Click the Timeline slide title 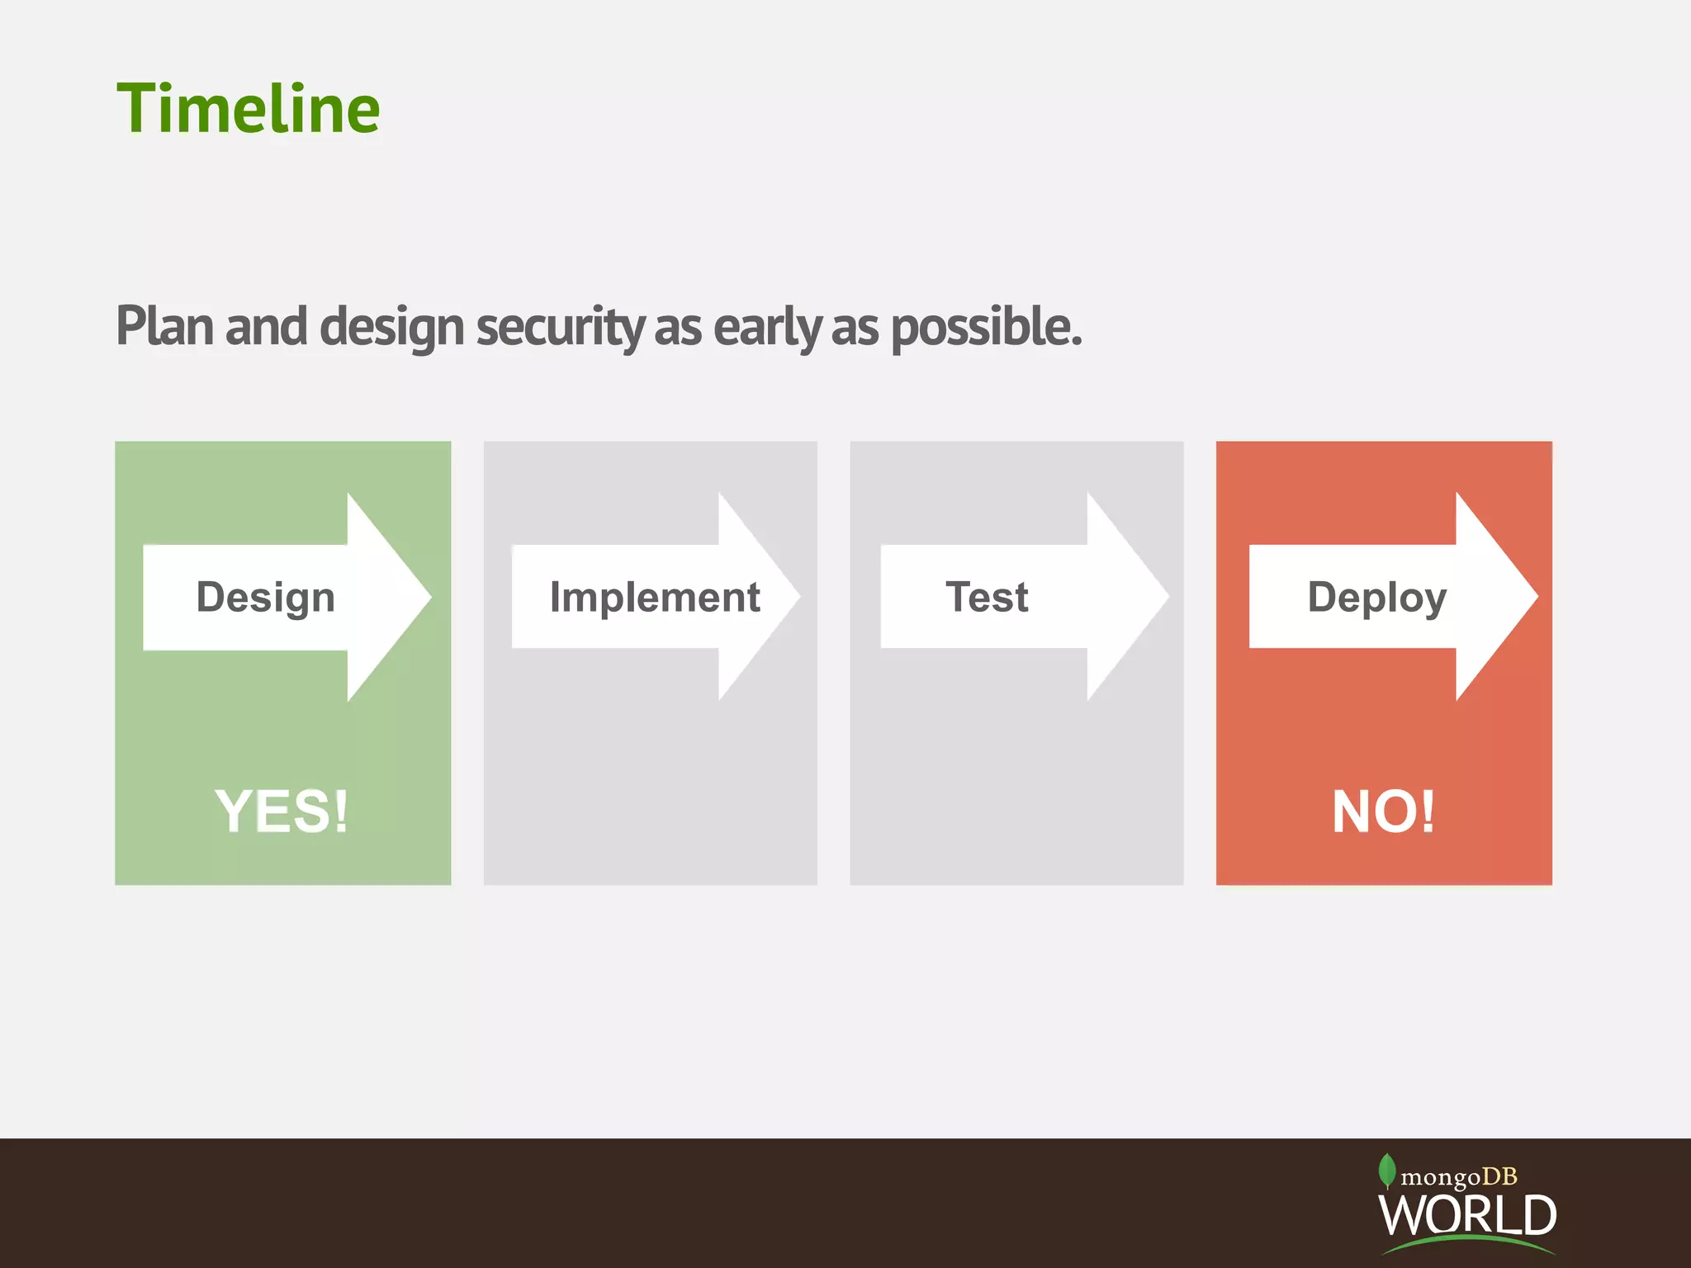[248, 109]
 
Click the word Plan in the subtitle [165, 326]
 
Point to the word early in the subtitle [766, 328]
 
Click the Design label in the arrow [265, 597]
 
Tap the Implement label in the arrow [655, 597]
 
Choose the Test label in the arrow [987, 597]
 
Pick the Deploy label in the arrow [1376, 597]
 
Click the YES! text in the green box [282, 811]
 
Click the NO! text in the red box [1384, 811]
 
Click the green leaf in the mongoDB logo [1387, 1170]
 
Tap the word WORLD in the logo [1467, 1214]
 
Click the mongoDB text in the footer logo [1459, 1176]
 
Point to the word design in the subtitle [391, 328]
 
